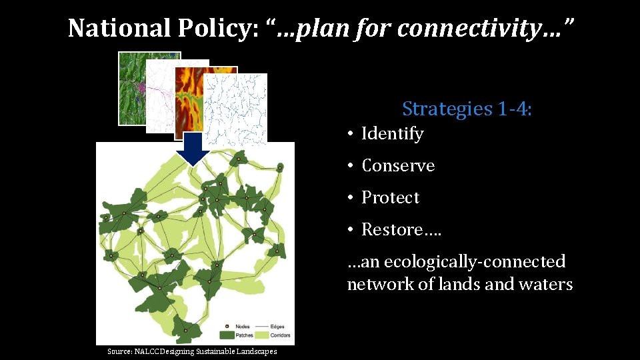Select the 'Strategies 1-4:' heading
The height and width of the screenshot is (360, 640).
coord(467,108)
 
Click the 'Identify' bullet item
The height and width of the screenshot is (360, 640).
coord(392,134)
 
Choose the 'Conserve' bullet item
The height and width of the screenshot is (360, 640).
coord(397,166)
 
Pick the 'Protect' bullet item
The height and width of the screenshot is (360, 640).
coord(390,198)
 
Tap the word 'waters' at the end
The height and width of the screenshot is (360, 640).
coord(546,285)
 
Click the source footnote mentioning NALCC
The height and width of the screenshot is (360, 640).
coord(192,351)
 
